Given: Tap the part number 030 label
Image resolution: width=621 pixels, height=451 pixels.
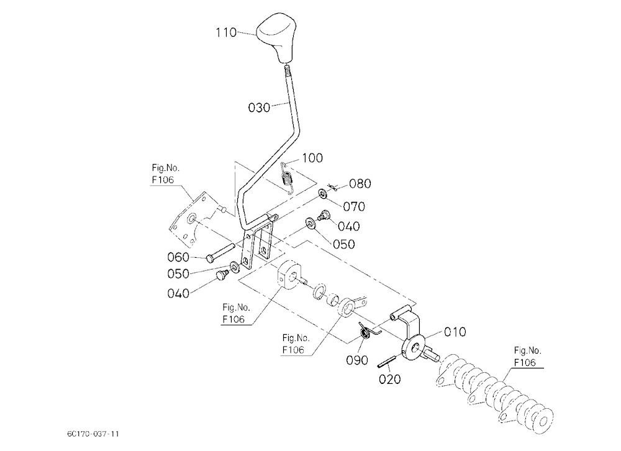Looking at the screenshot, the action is coord(259,107).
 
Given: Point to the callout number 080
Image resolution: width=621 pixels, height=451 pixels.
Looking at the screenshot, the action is coord(360,183).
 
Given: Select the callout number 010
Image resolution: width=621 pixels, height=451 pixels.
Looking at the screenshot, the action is coord(455,332).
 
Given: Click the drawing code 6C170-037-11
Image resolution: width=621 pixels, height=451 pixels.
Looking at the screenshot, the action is coord(93,434).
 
